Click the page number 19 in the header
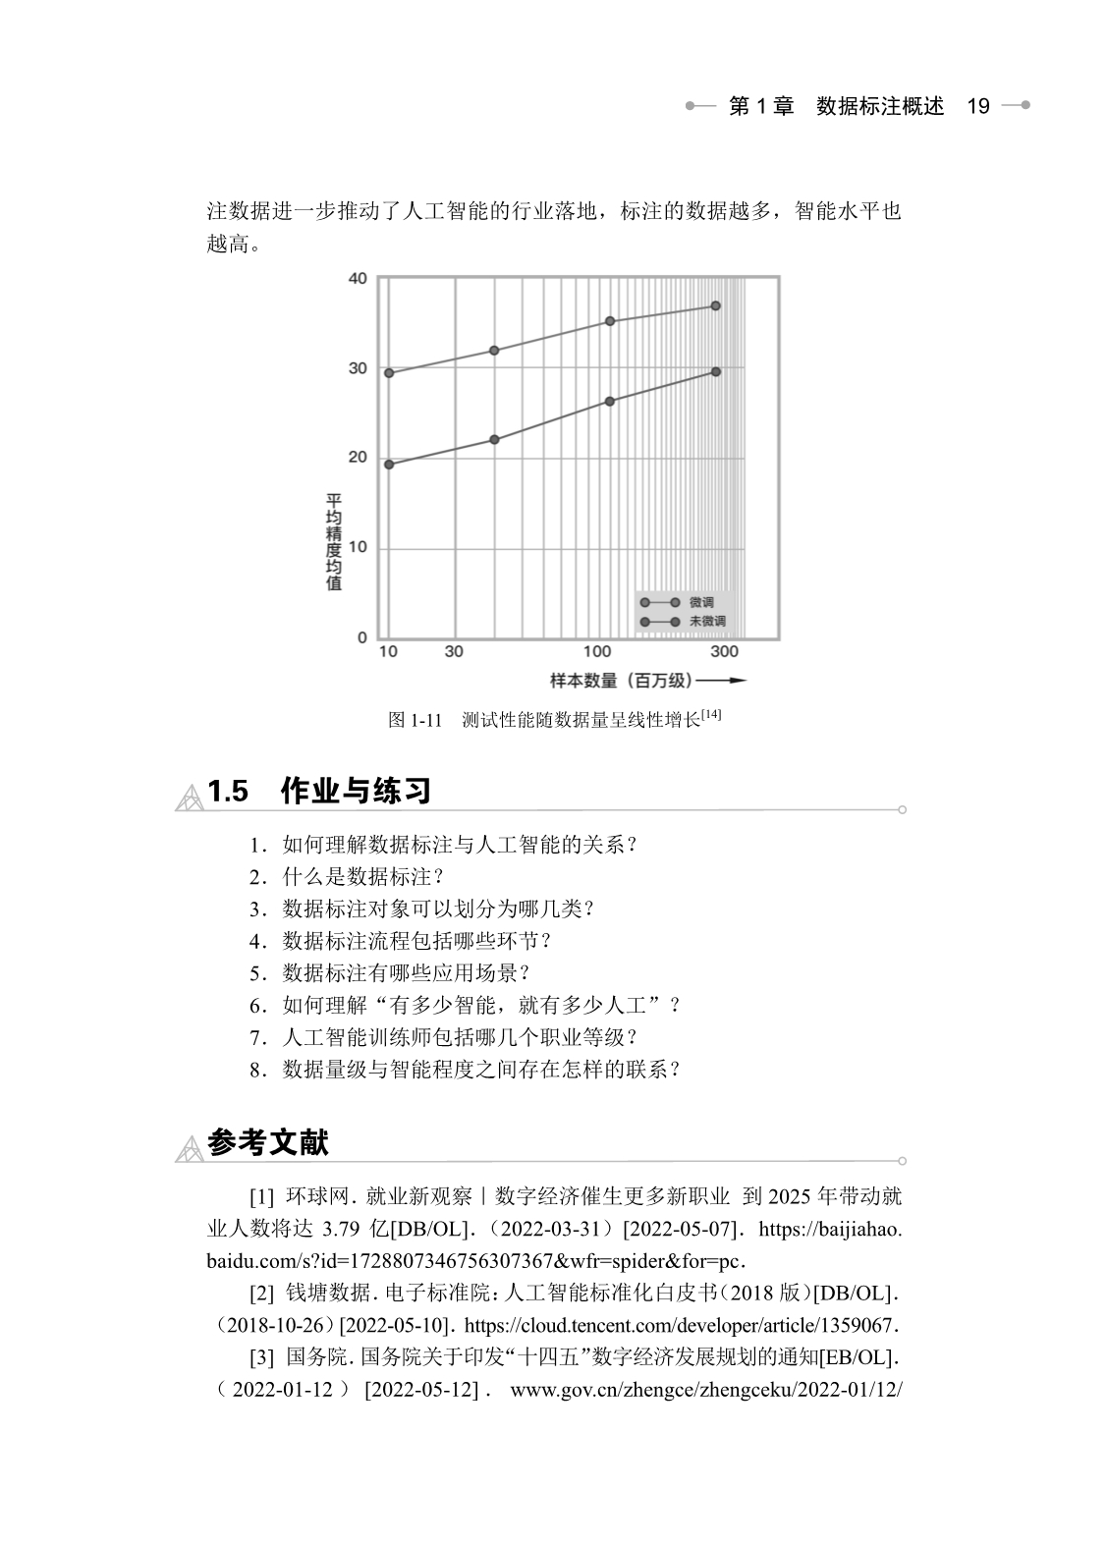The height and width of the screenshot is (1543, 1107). [978, 107]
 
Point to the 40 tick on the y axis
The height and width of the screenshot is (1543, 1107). [358, 279]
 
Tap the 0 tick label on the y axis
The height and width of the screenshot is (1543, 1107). [361, 638]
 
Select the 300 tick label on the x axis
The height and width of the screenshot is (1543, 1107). [724, 652]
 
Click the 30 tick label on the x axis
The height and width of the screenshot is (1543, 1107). [453, 652]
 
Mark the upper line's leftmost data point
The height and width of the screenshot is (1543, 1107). [389, 373]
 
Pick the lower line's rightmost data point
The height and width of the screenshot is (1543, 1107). [716, 372]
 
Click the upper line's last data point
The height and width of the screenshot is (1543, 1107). [716, 306]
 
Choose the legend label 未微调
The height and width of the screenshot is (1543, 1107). [707, 622]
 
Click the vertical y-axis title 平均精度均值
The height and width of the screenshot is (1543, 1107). [334, 542]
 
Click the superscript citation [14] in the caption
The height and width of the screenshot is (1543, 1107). [711, 715]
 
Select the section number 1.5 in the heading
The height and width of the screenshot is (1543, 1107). [228, 792]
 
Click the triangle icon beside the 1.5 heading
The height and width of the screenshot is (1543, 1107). [189, 798]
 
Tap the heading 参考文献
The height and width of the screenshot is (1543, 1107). [268, 1142]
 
